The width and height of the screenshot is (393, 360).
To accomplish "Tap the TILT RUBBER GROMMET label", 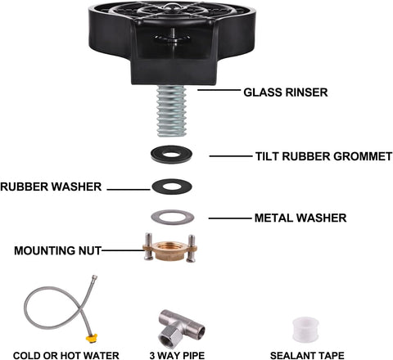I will tap(323, 155).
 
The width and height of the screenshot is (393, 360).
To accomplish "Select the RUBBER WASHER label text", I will tap(51, 187).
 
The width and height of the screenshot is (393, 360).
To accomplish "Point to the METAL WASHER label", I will tap(301, 218).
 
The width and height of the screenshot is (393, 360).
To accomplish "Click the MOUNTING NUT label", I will tap(56, 250).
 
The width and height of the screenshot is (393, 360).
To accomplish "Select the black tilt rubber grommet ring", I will tap(173, 155).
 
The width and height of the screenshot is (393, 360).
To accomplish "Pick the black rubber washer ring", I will tap(173, 187).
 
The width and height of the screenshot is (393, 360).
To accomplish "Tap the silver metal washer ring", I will tap(173, 217).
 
